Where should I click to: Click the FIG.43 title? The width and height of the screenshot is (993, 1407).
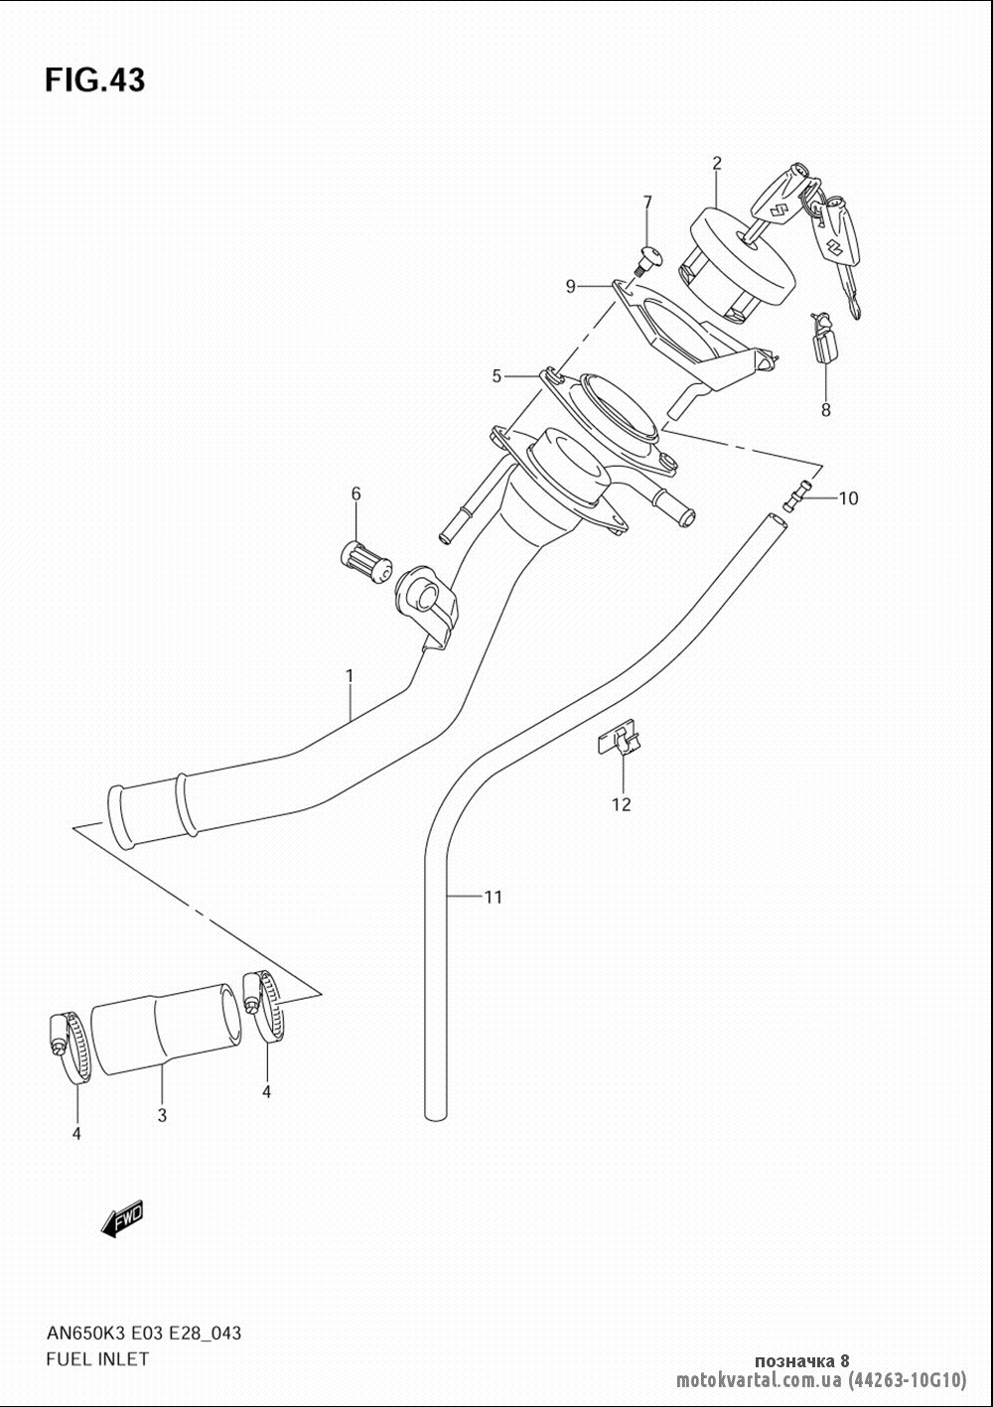[x=95, y=81]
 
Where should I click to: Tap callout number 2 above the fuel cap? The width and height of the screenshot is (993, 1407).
[x=717, y=163]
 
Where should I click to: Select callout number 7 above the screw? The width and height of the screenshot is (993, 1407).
[x=646, y=203]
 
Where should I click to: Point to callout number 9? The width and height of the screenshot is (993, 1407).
[x=570, y=286]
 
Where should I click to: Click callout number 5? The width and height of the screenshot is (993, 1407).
[x=496, y=376]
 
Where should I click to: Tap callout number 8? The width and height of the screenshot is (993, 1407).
[x=825, y=410]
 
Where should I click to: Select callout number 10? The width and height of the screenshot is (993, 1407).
[x=848, y=498]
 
